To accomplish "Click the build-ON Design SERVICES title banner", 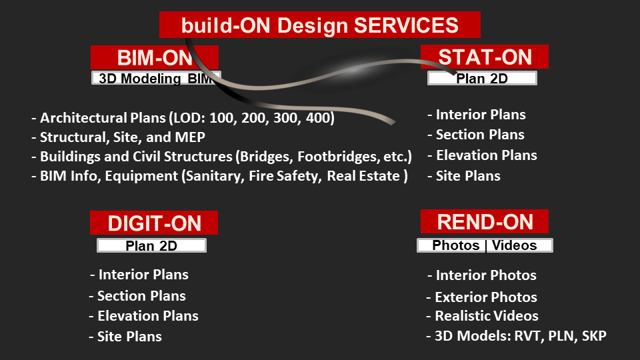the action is coord(319,25).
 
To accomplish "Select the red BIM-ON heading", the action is coord(154,57).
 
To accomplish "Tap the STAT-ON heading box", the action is coord(485,57).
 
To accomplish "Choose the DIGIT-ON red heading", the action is coord(154,223).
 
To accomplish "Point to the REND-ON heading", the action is coord(485,221).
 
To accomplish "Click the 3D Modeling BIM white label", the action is coord(156,78).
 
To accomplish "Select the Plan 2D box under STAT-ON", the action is coord(482,79).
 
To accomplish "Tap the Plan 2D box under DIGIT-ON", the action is coord(151,246).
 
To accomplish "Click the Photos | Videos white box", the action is coord(485,245).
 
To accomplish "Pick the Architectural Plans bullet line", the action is coord(183,118).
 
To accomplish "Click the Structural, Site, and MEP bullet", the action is coord(119,137).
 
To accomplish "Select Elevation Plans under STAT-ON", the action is coord(483,155).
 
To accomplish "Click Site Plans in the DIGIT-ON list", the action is coord(125,336).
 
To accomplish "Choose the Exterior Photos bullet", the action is coord(481,297).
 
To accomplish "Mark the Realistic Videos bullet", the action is coord(482,316).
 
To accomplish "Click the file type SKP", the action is coord(594,335).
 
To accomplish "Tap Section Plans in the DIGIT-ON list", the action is coord(137,295).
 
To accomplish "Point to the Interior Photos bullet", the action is coord(482,275).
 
